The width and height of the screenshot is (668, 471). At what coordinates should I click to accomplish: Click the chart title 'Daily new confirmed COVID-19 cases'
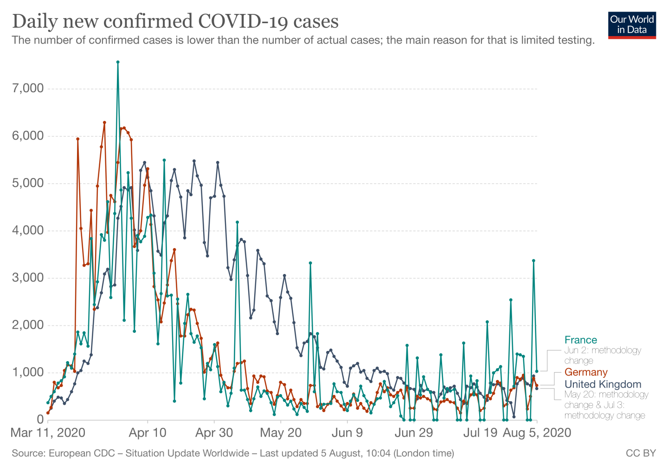[x=175, y=21]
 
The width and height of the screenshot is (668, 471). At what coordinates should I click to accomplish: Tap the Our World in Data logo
[x=632, y=25]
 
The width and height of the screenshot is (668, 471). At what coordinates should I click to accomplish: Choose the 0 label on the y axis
[x=39, y=420]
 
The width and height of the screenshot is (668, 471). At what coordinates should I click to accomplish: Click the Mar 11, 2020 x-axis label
[x=48, y=433]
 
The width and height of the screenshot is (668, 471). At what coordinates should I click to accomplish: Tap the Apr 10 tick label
[x=148, y=433]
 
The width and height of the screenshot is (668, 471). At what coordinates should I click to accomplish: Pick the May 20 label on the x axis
[x=281, y=433]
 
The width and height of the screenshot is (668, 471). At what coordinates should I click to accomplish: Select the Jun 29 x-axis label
[x=414, y=433]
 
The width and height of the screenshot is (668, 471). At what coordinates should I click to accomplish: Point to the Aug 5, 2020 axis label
[x=537, y=433]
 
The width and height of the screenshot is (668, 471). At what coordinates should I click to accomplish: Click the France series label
[x=580, y=340]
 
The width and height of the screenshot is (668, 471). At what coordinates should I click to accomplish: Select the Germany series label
[x=585, y=372]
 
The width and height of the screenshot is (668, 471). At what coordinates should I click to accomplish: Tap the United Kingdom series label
[x=603, y=384]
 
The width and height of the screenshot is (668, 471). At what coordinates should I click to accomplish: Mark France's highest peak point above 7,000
[x=118, y=62]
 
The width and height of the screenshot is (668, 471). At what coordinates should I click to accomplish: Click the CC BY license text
[x=641, y=453]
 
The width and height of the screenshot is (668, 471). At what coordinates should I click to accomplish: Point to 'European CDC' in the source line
[x=81, y=453]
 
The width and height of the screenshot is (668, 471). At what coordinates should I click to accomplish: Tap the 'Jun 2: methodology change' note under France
[x=602, y=356]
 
